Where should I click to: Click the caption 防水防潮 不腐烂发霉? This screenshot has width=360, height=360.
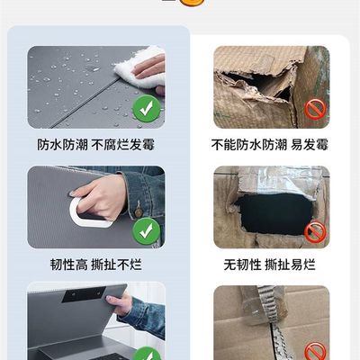click(x=95, y=145)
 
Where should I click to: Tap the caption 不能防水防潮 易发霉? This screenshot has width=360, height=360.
click(x=270, y=145)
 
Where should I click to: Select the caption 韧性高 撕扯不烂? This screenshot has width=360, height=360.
click(x=95, y=265)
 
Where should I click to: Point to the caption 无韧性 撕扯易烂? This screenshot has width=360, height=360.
click(x=270, y=265)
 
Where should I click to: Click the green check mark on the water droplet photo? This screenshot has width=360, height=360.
click(x=147, y=109)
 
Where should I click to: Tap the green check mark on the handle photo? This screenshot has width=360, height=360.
click(x=147, y=231)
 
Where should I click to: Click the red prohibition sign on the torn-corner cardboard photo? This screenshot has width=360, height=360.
click(x=315, y=110)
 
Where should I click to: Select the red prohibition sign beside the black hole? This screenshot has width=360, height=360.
click(x=315, y=232)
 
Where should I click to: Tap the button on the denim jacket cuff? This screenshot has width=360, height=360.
click(x=139, y=212)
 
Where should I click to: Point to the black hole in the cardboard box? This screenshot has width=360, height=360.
click(x=274, y=213)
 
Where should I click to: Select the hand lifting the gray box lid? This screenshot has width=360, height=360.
click(x=120, y=304)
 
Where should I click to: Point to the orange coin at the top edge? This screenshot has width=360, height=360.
click(x=192, y=3)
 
